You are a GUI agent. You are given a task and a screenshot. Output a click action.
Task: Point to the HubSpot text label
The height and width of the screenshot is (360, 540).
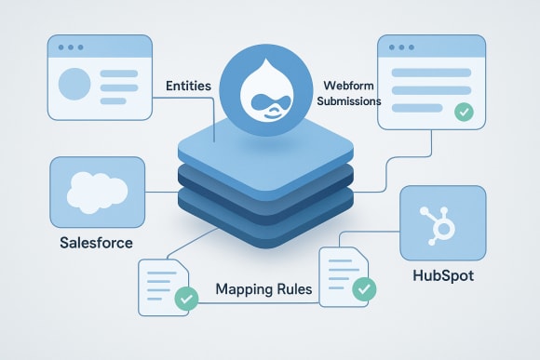click(x=442, y=277)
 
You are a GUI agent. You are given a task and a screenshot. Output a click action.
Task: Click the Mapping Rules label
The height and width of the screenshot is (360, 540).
click(x=263, y=289)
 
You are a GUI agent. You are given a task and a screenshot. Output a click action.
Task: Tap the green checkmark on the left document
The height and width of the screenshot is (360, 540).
click(x=187, y=300)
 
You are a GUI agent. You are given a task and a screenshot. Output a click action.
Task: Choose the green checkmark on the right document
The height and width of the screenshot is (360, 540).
click(x=365, y=288)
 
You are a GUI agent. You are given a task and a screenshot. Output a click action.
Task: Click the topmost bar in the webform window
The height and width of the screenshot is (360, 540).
click(x=429, y=73)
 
